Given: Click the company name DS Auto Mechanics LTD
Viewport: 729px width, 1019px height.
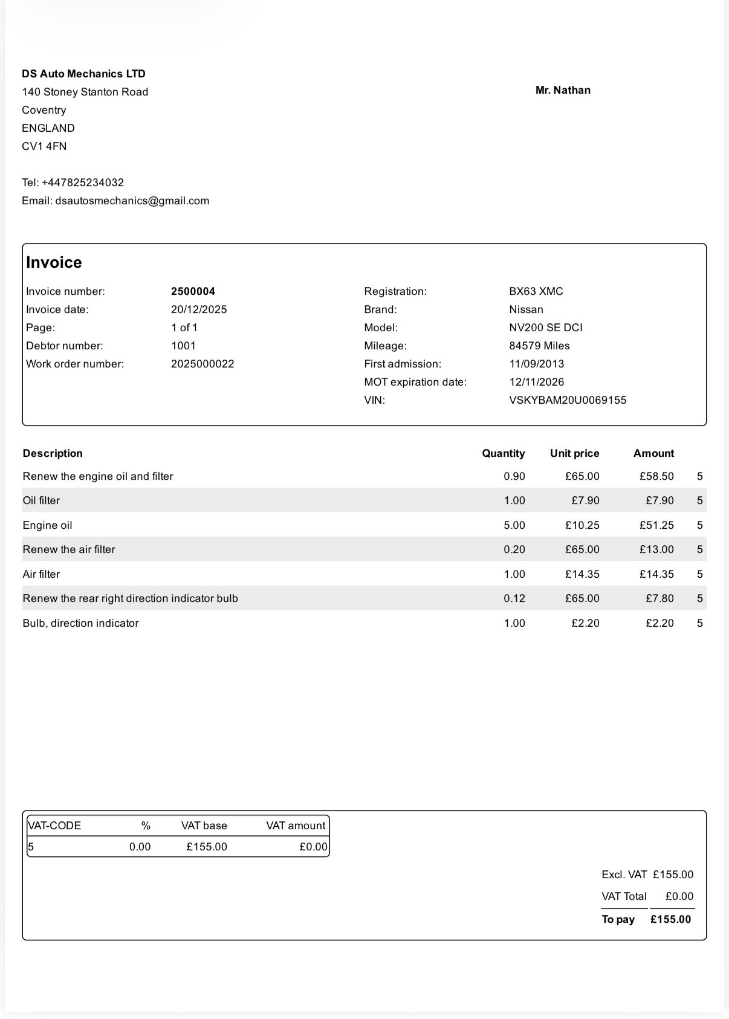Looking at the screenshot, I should (x=83, y=74).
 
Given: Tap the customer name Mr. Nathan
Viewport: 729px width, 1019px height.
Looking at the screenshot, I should (x=563, y=90).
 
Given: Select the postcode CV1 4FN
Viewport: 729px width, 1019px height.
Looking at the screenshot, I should (x=44, y=146).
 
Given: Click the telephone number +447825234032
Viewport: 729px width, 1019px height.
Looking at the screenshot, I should (x=83, y=183).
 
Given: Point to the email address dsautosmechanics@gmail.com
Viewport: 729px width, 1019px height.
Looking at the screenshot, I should (x=132, y=201).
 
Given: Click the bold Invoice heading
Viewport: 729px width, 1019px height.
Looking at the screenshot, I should (x=54, y=262).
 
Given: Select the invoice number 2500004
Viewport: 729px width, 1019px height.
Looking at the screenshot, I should (x=193, y=291).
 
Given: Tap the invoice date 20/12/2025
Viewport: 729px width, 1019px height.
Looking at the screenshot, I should (x=199, y=309).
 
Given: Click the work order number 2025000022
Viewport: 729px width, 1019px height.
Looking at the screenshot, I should (x=202, y=364).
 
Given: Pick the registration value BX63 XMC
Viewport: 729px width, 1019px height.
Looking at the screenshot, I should (x=536, y=291).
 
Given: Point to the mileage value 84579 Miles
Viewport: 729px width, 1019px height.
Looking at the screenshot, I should (x=539, y=346).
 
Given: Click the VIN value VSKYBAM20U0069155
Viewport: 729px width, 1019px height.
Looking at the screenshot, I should (x=568, y=400).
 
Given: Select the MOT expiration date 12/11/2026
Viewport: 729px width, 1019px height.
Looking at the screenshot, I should (x=536, y=382).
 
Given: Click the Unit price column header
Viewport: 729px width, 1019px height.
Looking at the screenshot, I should (x=574, y=453).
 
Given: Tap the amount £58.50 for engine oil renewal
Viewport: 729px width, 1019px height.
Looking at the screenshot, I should (x=656, y=476).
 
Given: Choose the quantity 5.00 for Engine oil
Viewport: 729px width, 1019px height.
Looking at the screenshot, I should (x=514, y=525).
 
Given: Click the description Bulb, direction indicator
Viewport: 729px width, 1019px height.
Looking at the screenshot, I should (x=80, y=623).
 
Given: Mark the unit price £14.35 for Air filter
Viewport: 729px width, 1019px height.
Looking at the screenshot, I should (x=582, y=574).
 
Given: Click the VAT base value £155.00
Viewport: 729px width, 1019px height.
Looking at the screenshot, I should (x=207, y=847).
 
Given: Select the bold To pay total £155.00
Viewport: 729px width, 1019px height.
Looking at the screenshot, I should (x=670, y=919).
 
